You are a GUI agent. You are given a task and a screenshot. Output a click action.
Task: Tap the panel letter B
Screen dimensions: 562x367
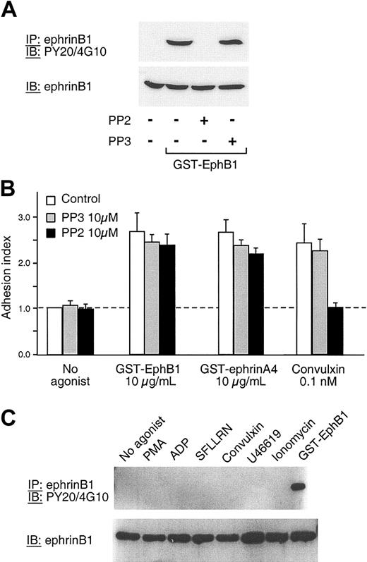(13, 189)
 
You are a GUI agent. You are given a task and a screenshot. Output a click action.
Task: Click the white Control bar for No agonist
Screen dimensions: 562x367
(53, 331)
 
